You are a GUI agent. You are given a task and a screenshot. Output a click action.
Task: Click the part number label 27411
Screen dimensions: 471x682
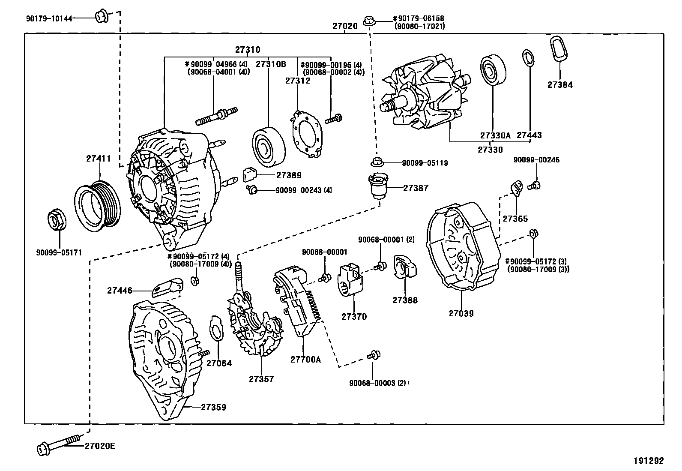(x=99, y=159)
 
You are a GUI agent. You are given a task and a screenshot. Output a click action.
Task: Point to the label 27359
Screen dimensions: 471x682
(x=213, y=407)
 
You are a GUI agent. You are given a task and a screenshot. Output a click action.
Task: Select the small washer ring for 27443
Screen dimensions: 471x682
(x=528, y=58)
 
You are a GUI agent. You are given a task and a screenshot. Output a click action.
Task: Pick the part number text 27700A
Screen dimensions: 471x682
(x=305, y=360)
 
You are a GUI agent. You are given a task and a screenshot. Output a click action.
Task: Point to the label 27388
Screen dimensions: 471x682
(x=405, y=300)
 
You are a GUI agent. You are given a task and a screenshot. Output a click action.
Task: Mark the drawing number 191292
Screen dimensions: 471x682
(x=649, y=461)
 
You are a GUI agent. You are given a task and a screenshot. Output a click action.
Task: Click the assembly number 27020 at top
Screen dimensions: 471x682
(x=345, y=26)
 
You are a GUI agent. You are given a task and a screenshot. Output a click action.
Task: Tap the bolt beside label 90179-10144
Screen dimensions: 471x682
(x=101, y=17)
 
